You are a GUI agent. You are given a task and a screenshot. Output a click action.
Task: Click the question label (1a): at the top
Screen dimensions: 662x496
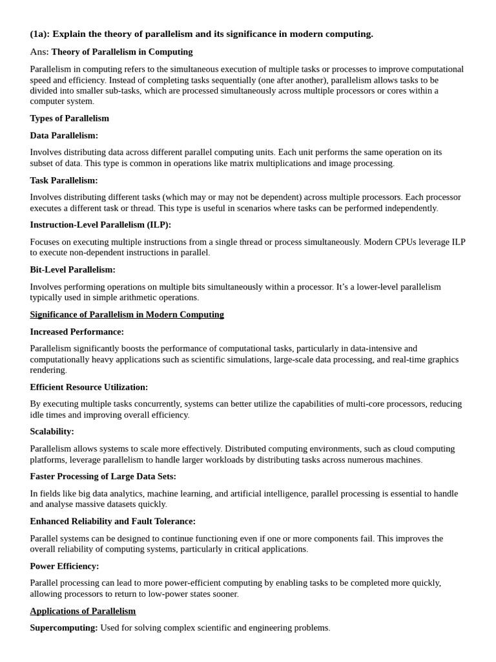point(39,34)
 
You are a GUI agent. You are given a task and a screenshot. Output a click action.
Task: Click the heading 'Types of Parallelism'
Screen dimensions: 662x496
point(69,118)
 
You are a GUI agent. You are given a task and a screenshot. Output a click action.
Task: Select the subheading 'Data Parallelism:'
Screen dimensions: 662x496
point(64,135)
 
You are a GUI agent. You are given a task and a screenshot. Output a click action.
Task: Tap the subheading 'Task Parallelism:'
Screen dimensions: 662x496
point(64,180)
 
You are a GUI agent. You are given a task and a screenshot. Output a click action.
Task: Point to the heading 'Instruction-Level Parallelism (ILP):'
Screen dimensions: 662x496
point(100,225)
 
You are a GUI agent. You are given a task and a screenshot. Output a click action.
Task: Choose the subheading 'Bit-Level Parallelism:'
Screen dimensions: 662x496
point(72,270)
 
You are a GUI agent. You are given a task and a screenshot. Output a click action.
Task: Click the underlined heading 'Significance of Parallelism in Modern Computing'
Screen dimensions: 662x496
point(127,315)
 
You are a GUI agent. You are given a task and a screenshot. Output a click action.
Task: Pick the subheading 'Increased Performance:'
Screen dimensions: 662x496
point(77,332)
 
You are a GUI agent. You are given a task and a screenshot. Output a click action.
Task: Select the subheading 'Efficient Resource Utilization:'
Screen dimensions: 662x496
point(88,387)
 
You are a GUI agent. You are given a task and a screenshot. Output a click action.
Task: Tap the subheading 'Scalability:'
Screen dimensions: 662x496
point(52,431)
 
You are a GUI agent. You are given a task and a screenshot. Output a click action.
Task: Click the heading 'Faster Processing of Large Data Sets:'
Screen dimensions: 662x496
point(103,476)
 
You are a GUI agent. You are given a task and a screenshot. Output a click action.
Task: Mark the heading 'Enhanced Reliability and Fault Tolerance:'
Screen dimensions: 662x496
point(112,521)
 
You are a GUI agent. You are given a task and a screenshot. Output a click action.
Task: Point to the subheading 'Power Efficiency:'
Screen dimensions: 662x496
point(64,566)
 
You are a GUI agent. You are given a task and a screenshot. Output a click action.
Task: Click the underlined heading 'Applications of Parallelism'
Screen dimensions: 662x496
point(83,611)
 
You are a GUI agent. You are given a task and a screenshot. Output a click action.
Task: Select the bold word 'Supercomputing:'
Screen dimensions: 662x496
point(64,628)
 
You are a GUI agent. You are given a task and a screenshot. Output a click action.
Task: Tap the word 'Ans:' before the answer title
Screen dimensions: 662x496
point(39,52)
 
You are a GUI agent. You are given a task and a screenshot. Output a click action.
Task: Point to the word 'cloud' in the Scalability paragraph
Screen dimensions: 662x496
point(377,449)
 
